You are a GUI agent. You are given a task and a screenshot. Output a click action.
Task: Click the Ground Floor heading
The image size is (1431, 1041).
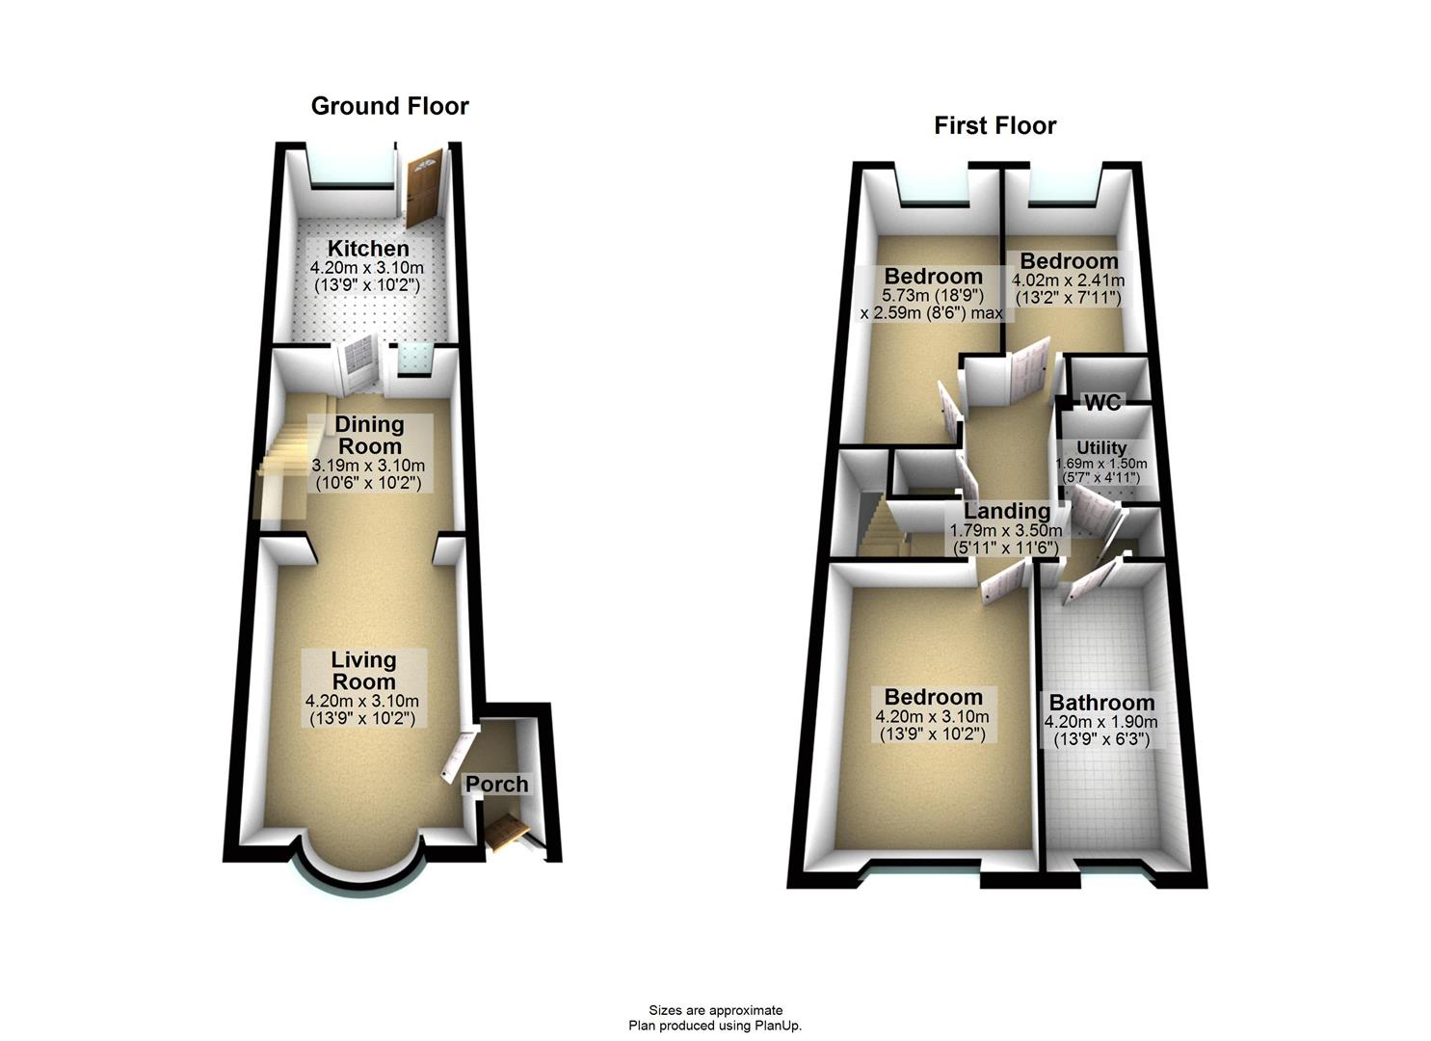[389, 106]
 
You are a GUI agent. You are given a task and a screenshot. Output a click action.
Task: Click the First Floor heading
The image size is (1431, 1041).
[994, 126]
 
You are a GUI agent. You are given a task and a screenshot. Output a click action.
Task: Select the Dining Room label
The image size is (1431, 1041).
[369, 435]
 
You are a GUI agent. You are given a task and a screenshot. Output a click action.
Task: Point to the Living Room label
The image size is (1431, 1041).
[363, 671]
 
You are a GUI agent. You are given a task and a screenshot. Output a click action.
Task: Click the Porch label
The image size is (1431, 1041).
[497, 785]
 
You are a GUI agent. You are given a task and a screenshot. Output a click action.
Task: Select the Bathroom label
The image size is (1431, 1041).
[1101, 704]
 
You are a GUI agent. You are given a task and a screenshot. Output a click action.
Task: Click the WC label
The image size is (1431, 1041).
[1102, 403]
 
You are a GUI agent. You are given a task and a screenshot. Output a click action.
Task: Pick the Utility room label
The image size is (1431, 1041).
[1101, 448]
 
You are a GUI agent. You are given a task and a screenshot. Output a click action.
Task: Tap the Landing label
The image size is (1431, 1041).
[1007, 511]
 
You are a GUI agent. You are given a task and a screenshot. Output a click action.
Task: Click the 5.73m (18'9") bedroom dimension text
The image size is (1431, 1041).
[933, 297]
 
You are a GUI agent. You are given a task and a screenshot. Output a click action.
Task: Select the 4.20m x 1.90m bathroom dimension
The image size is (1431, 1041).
[1101, 722]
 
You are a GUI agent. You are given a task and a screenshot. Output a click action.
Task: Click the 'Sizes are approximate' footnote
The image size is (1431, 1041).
[715, 1010]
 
